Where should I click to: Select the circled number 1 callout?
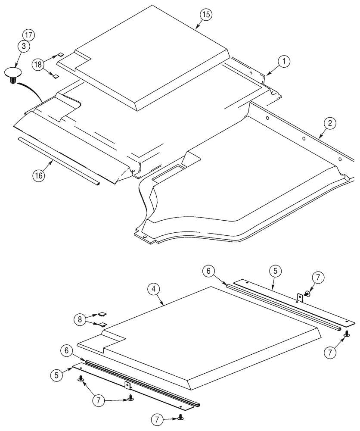click(x=284, y=62)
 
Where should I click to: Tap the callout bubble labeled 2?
click(x=329, y=124)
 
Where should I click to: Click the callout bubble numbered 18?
click(x=38, y=65)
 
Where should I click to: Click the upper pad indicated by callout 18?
click(x=60, y=55)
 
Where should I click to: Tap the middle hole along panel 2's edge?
click(x=304, y=139)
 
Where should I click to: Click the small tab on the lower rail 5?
click(x=127, y=385)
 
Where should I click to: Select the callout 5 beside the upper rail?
click(x=275, y=271)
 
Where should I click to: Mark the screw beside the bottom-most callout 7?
click(x=180, y=418)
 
